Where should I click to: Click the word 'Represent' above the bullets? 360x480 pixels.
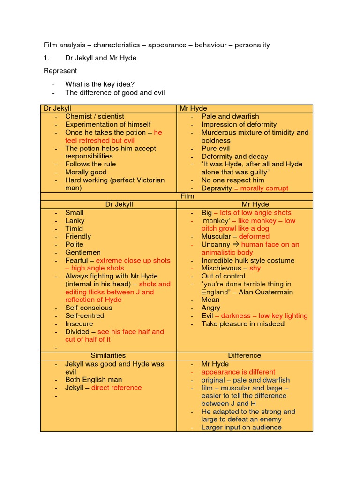[x=60, y=71]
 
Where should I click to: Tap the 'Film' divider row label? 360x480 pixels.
[x=187, y=196]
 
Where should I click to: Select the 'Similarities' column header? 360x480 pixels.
[x=108, y=355]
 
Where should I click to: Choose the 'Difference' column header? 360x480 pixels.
[x=244, y=355]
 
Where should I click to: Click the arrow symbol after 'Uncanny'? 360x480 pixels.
[x=236, y=244]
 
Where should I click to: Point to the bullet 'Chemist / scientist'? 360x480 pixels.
[x=95, y=116]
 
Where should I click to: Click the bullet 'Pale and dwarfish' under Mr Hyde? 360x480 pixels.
[x=230, y=116]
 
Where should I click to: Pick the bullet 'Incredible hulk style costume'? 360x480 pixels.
[x=248, y=260]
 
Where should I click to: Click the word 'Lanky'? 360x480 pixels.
[x=75, y=220]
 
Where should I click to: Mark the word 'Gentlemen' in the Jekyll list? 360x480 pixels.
[x=83, y=252]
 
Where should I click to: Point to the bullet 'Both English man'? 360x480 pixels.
[x=94, y=380]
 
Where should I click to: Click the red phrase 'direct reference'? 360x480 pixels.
[x=116, y=388]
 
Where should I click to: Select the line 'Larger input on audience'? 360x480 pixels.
[x=241, y=427]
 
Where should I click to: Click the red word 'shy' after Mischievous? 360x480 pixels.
[x=255, y=268]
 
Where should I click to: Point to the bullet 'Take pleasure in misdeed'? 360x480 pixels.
[x=243, y=323]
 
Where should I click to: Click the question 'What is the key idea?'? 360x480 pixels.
[x=100, y=84]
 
